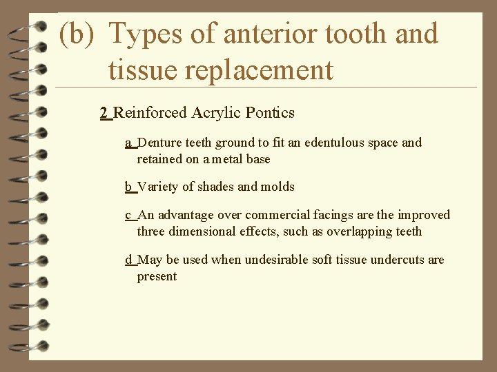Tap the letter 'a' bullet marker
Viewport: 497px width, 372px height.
click(128, 143)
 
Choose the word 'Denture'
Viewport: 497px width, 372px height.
click(161, 143)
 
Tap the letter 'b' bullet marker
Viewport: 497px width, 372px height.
click(128, 187)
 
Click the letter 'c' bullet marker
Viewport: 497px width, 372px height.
click(128, 215)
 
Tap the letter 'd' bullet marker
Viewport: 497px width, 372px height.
click(128, 260)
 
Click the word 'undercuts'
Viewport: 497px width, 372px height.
click(398, 260)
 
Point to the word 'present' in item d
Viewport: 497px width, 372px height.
click(157, 276)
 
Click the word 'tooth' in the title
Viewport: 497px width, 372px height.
click(368, 34)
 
